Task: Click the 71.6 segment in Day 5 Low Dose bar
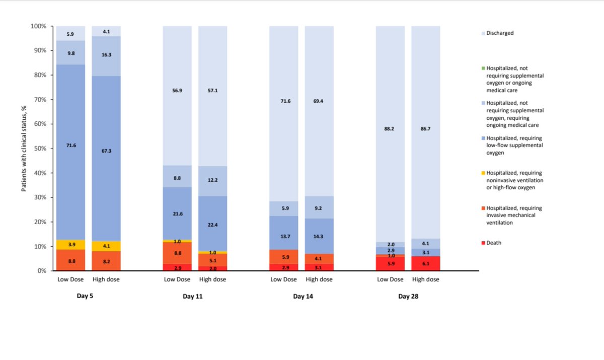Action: (x=70, y=145)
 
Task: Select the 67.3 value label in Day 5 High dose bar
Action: (x=106, y=151)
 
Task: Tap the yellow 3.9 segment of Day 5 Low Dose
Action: (x=70, y=244)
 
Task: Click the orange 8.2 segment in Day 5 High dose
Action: (x=106, y=261)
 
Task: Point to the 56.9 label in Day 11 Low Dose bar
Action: (x=177, y=91)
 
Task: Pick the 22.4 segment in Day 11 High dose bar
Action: (x=213, y=225)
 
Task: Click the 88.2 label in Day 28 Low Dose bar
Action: (x=391, y=128)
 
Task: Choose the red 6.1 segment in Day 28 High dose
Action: (x=426, y=263)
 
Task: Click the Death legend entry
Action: (x=494, y=243)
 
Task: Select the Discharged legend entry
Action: (x=500, y=33)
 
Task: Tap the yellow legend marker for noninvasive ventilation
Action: (x=483, y=173)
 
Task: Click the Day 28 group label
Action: (x=408, y=297)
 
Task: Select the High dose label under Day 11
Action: (x=213, y=279)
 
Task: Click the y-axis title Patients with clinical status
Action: (x=24, y=149)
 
